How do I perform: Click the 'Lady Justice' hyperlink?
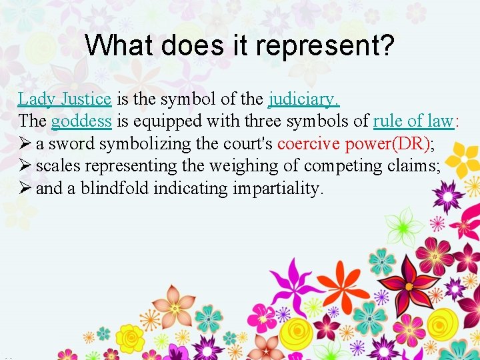click(x=64, y=99)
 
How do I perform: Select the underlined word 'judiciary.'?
click(x=304, y=99)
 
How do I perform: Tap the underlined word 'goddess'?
click(x=81, y=121)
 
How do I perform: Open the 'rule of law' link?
click(x=413, y=121)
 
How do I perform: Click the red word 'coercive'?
click(x=309, y=143)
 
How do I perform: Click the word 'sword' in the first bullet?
click(x=71, y=143)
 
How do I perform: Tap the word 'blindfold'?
click(x=115, y=188)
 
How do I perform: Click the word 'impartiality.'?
click(x=279, y=188)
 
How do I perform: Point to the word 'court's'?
click(x=247, y=143)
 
